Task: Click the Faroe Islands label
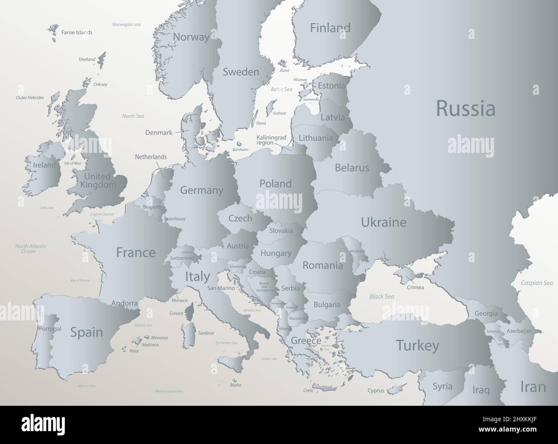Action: (77, 32)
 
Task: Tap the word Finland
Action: (330, 28)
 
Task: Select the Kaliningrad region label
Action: (271, 140)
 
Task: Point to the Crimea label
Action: (415, 287)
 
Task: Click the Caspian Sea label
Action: (537, 283)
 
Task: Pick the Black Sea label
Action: (382, 296)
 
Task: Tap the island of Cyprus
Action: (392, 390)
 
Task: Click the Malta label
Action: (236, 385)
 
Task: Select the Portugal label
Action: (50, 329)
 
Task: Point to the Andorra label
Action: (124, 303)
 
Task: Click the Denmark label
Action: (159, 133)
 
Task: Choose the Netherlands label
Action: (151, 157)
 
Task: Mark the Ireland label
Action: (45, 165)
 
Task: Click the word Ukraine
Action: (383, 222)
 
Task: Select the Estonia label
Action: (331, 85)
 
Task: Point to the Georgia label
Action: (486, 313)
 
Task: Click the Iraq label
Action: (481, 390)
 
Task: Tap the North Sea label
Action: (133, 116)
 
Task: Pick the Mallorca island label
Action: (151, 345)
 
